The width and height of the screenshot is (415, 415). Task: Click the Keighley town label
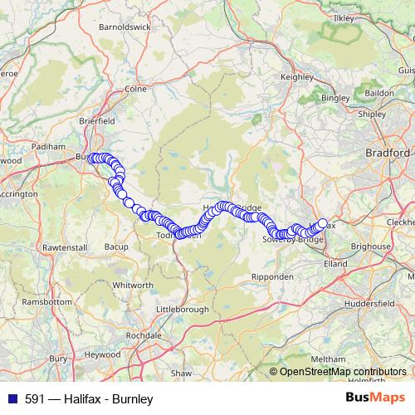coord(297,76)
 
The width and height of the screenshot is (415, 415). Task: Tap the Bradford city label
coord(388,154)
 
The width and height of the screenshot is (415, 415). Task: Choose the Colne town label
coord(134,89)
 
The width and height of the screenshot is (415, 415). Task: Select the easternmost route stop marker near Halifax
coord(322,222)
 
